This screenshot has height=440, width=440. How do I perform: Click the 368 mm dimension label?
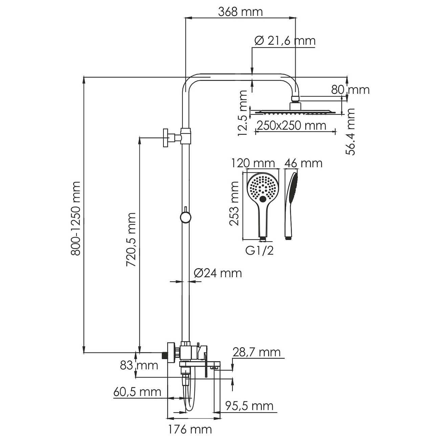pyautogui.click(x=240, y=12)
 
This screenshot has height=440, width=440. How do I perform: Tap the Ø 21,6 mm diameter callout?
pyautogui.click(x=285, y=41)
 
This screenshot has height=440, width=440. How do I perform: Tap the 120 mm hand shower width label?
pyautogui.click(x=253, y=163)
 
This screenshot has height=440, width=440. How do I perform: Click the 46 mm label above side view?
pyautogui.click(x=304, y=163)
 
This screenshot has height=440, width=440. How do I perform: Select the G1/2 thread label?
pyautogui.click(x=260, y=251)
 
